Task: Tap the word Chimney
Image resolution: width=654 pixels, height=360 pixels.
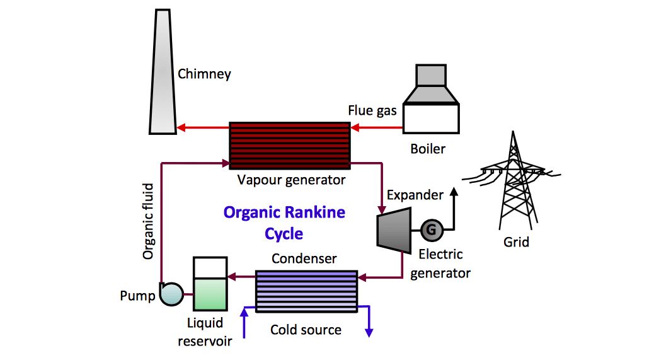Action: pyautogui.click(x=204, y=74)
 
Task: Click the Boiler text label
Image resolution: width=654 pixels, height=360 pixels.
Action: pyautogui.click(x=428, y=149)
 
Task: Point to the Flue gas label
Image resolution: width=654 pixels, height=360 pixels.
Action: pyautogui.click(x=372, y=111)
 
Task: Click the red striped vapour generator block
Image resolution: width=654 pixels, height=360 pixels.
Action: pyautogui.click(x=289, y=145)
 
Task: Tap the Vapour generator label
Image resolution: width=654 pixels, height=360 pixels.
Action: pyautogui.click(x=291, y=180)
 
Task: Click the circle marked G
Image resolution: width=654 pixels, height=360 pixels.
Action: pyautogui.click(x=431, y=230)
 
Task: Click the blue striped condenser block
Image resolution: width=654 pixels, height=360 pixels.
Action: pyautogui.click(x=306, y=290)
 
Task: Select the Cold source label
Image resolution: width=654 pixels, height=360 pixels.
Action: pyautogui.click(x=306, y=330)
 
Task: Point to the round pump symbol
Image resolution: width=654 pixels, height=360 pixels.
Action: pyautogui.click(x=171, y=293)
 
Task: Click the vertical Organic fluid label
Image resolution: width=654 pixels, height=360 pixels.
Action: pyautogui.click(x=148, y=221)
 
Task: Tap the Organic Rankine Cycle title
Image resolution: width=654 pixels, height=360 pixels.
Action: pyautogui.click(x=284, y=223)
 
